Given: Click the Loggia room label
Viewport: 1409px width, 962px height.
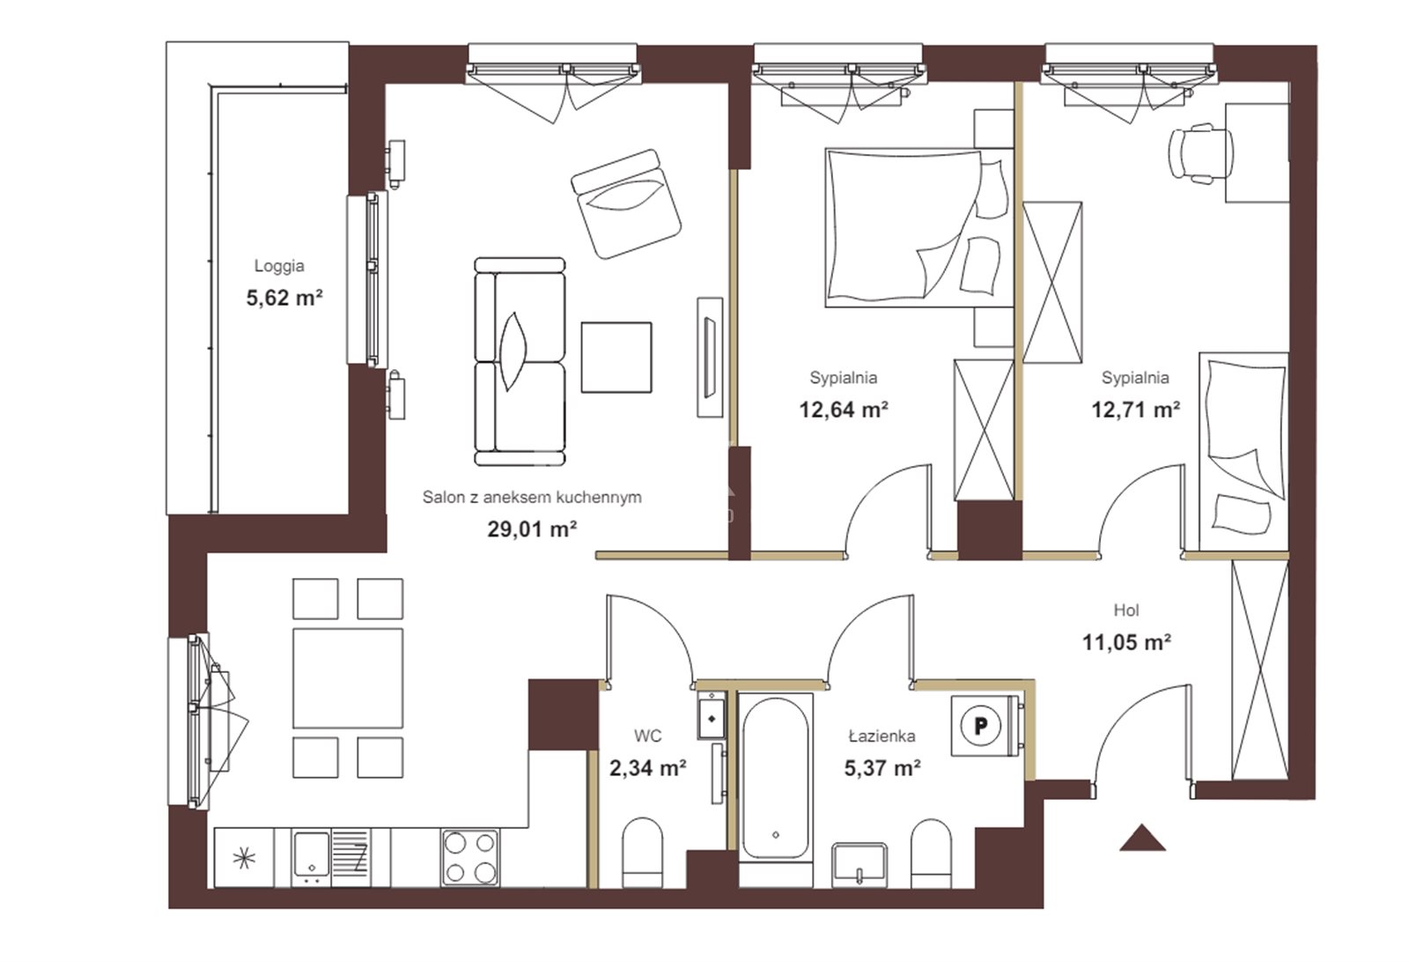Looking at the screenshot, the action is (x=279, y=266).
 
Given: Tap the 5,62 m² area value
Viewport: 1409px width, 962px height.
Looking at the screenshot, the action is (x=284, y=298).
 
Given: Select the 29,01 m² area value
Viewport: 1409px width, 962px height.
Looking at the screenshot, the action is (x=532, y=529).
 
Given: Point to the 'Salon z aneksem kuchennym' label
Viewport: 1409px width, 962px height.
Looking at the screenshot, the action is (x=532, y=497).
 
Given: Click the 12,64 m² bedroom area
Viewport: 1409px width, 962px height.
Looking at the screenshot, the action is (x=844, y=410).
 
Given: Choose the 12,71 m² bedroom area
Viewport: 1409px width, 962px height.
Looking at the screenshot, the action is (x=1135, y=410).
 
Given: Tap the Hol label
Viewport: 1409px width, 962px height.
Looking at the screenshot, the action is (x=1126, y=610).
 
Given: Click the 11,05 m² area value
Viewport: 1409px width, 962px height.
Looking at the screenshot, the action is (x=1126, y=642).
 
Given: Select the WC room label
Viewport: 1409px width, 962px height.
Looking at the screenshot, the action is (x=648, y=736).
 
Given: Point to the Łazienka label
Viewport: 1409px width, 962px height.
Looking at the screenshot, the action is (x=882, y=736).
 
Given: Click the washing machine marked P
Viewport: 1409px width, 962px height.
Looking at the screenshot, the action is (x=980, y=726).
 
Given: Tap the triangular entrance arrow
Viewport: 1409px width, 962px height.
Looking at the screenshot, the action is (x=1142, y=838).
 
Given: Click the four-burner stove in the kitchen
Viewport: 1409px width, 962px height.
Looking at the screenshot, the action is (x=470, y=857).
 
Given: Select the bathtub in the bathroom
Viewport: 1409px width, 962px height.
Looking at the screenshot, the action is (x=776, y=778).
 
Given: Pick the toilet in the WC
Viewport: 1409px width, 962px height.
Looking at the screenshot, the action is (x=642, y=853).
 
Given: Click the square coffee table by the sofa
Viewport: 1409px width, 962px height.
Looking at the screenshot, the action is (x=616, y=358).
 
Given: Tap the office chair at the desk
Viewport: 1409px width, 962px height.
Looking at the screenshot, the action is (x=1200, y=153).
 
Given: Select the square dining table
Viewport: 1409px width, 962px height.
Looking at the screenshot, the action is (x=348, y=678).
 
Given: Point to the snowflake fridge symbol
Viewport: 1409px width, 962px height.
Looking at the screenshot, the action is (x=244, y=857).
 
